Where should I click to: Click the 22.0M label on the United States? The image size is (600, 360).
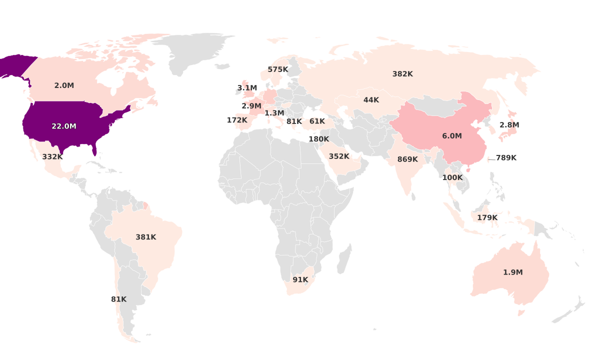point(64,126)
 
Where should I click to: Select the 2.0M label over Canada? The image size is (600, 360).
point(64,85)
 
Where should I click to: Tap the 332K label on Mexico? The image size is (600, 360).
point(52,156)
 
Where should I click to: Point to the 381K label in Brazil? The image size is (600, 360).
point(146,237)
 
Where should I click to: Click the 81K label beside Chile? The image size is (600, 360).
point(119,299)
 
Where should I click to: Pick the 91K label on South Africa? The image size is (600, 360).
point(300,280)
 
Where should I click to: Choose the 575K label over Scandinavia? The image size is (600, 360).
point(278,69)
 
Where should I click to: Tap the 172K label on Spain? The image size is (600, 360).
point(237,120)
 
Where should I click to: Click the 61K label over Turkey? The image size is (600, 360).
point(317,121)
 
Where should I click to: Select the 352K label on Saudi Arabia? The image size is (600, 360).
point(339,156)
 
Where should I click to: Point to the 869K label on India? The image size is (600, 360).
point(407,159)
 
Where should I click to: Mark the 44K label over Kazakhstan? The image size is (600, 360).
point(371,100)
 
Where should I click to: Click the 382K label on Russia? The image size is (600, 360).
point(402,74)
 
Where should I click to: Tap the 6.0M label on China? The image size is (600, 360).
point(452,136)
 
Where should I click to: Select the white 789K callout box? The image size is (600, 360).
point(506,158)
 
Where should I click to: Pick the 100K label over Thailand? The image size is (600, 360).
point(452,177)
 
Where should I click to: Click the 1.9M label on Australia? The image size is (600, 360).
point(513,272)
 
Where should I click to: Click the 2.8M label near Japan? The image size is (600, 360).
point(509,125)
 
